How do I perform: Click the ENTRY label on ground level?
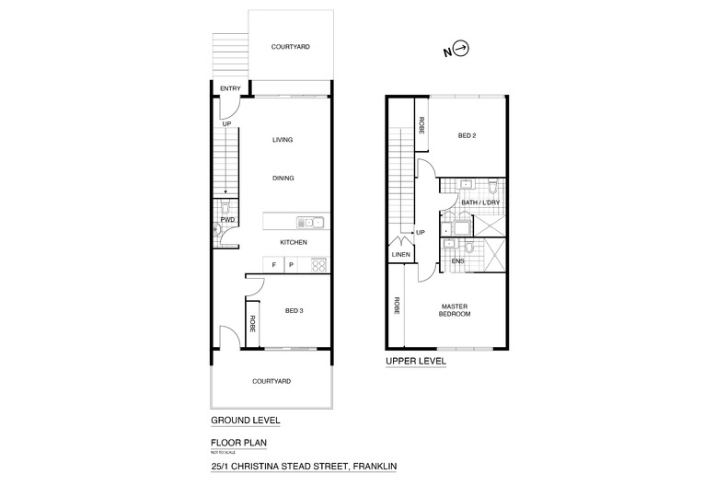[x=229, y=88]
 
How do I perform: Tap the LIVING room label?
[x=283, y=140]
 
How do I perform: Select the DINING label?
[x=283, y=179]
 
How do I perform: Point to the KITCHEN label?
[x=293, y=242]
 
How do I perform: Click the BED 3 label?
[x=293, y=310]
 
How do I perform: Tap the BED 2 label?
[x=469, y=135]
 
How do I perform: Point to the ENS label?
[x=457, y=261]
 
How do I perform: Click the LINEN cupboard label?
[x=400, y=255]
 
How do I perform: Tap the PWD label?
[x=227, y=221]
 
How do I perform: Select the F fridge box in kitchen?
[x=273, y=265]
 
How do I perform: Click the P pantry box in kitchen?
[x=291, y=265]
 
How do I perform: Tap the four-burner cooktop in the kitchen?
[x=317, y=265]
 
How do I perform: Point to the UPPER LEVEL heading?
[x=414, y=362]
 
